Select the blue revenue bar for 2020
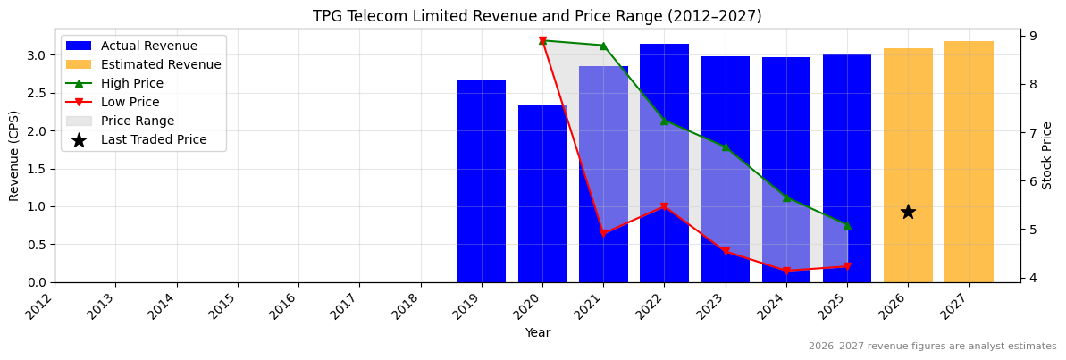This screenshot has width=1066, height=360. pyautogui.click(x=542, y=193)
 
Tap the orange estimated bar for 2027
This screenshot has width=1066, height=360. pyautogui.click(x=969, y=162)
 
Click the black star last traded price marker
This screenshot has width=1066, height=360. pyautogui.click(x=908, y=212)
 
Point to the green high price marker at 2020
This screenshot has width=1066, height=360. pyautogui.click(x=542, y=40)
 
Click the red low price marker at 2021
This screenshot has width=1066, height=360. pyautogui.click(x=603, y=233)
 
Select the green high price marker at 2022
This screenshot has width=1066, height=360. pyautogui.click(x=664, y=120)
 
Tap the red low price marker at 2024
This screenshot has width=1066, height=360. pyautogui.click(x=786, y=271)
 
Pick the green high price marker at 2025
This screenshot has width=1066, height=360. pyautogui.click(x=847, y=225)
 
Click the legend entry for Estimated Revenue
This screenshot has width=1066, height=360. pyautogui.click(x=161, y=64)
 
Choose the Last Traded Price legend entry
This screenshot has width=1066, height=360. pyautogui.click(x=154, y=139)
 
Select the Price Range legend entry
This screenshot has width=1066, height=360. pyautogui.click(x=138, y=121)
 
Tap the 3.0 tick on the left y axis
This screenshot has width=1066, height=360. pyautogui.click(x=36, y=55)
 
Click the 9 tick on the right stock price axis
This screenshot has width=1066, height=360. pyautogui.click(x=1032, y=36)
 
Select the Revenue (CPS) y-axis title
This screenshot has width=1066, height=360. pyautogui.click(x=14, y=155)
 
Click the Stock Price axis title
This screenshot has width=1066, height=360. pyautogui.click(x=1047, y=155)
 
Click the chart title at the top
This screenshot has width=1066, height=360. pyautogui.click(x=537, y=16)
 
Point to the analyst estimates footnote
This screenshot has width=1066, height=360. pyautogui.click(x=932, y=347)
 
